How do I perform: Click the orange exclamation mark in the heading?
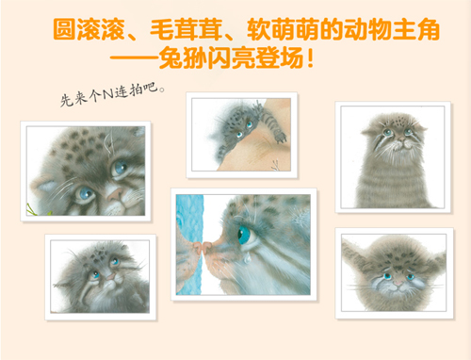click(310, 58)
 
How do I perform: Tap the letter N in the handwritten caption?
click(108, 93)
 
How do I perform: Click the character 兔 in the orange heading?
click(171, 57)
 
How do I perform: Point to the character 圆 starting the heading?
click(64, 29)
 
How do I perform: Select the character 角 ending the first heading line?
click(428, 29)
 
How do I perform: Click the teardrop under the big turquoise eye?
click(248, 259)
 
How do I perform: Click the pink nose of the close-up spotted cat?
click(115, 193)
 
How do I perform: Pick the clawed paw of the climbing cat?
click(280, 137)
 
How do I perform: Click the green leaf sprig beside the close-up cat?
click(31, 209)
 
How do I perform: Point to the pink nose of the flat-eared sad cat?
click(398, 284)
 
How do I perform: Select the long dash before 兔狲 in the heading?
click(134, 58)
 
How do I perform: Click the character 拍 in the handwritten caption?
click(136, 90)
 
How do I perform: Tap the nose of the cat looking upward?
click(110, 277)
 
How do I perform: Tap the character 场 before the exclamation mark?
click(292, 57)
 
